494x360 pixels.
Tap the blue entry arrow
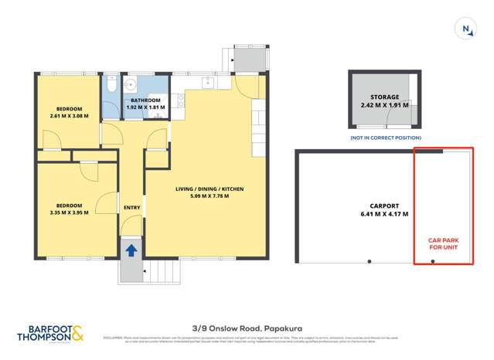(131, 250)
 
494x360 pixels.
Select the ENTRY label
(131, 207)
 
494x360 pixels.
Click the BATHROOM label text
(145, 100)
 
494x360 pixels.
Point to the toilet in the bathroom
(113, 89)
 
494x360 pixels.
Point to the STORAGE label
(384, 97)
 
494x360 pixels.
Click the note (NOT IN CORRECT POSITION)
(383, 137)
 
